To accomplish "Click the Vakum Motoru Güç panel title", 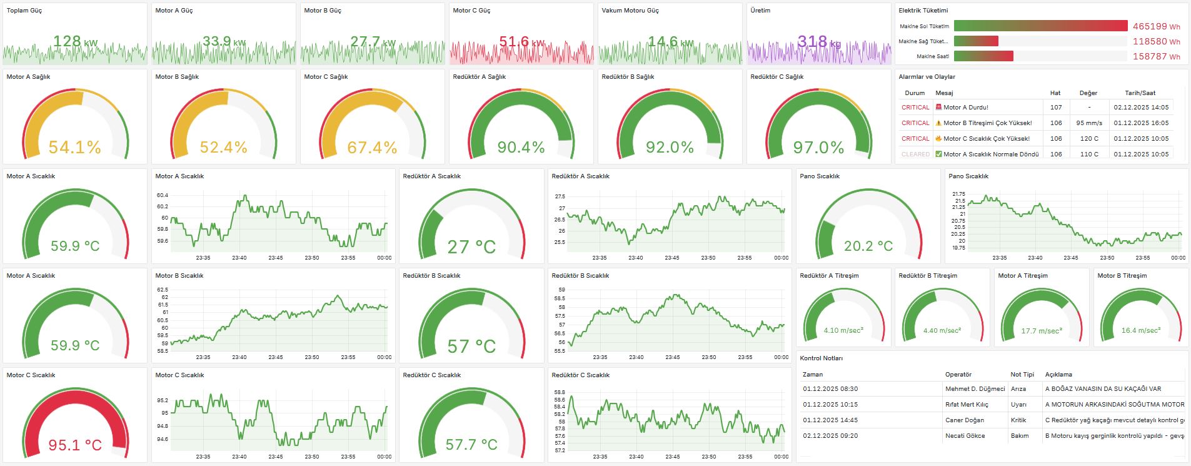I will (630, 11).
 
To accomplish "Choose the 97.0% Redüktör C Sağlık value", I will (818, 148).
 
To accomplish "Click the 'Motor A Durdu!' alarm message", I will (965, 108).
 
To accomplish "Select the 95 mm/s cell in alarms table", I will (1088, 123).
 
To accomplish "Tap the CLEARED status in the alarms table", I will (915, 154).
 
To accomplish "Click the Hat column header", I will (1055, 93).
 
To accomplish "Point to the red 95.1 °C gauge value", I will (75, 445).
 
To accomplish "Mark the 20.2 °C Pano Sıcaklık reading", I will (868, 246).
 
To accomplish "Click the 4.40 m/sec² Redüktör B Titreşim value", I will (942, 331).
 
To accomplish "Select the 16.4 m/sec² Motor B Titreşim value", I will (1140, 331).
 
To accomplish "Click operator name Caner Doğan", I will (964, 420).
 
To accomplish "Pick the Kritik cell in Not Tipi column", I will (1018, 420).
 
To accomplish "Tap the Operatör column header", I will (958, 375).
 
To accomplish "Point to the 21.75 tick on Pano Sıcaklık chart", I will (958, 195).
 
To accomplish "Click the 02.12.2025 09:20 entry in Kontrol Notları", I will (830, 436).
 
